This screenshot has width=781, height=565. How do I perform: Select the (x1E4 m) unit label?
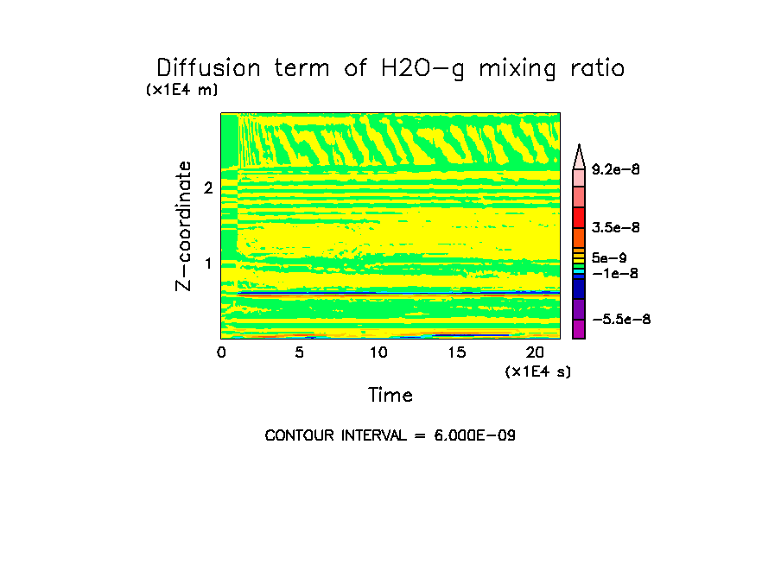[182, 90]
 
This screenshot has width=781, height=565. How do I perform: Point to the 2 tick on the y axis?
[208, 187]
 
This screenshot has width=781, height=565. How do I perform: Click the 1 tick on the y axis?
[208, 263]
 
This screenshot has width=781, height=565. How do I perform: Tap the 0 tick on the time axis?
[221, 352]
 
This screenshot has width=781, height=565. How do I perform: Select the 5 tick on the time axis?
[299, 352]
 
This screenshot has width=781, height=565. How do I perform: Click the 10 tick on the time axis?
[378, 352]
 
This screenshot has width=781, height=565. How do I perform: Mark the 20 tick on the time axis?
[535, 352]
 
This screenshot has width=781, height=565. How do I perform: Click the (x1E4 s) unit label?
[538, 371]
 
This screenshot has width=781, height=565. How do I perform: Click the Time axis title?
[390, 396]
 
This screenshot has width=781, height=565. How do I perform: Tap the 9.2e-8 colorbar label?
[615, 170]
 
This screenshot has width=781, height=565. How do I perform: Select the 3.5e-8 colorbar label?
[615, 228]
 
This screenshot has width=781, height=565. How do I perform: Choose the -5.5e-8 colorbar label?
[621, 320]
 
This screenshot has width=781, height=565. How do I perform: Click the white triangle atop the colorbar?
[579, 156]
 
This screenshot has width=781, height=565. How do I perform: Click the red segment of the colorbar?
[579, 217]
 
